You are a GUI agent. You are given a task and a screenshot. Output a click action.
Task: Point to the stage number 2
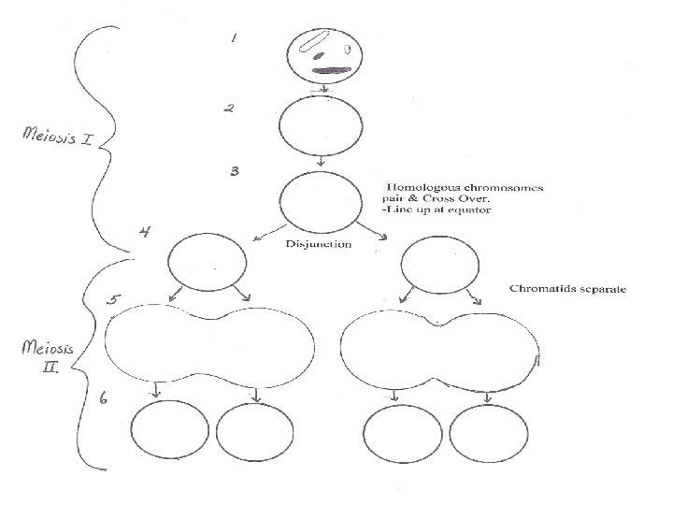[227, 108]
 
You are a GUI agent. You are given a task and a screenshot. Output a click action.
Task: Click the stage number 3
[236, 172]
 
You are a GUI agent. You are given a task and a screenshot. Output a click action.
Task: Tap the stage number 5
[113, 300]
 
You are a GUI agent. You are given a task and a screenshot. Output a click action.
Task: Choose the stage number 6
[105, 399]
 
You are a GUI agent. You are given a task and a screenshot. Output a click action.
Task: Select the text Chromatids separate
[567, 288]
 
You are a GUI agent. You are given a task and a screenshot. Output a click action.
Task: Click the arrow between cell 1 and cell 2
[322, 89]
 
